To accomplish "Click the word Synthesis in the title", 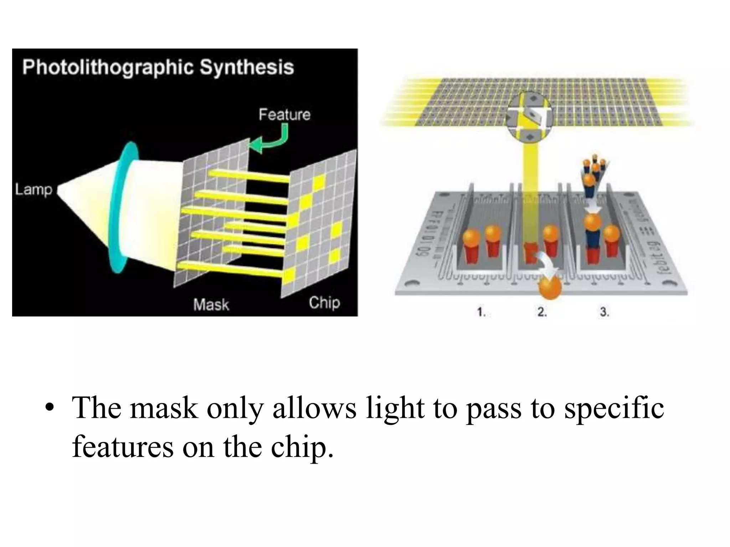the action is tap(247, 67).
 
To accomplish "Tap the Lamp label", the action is tap(34, 189).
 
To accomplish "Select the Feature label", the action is tap(284, 115).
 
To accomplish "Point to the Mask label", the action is tap(211, 305).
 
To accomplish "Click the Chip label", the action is tap(324, 303).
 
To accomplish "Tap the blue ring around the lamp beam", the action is tap(123, 207).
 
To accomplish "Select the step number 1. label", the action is tap(482, 312).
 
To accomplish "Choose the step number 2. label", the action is tap(542, 312).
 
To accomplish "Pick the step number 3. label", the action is tap(604, 312).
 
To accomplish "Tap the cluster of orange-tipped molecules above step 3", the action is tap(593, 171).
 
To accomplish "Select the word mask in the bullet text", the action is tap(164, 408).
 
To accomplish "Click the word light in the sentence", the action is tap(395, 408).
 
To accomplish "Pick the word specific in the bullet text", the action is tap(614, 408).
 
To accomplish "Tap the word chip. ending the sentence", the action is tap(302, 447).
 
